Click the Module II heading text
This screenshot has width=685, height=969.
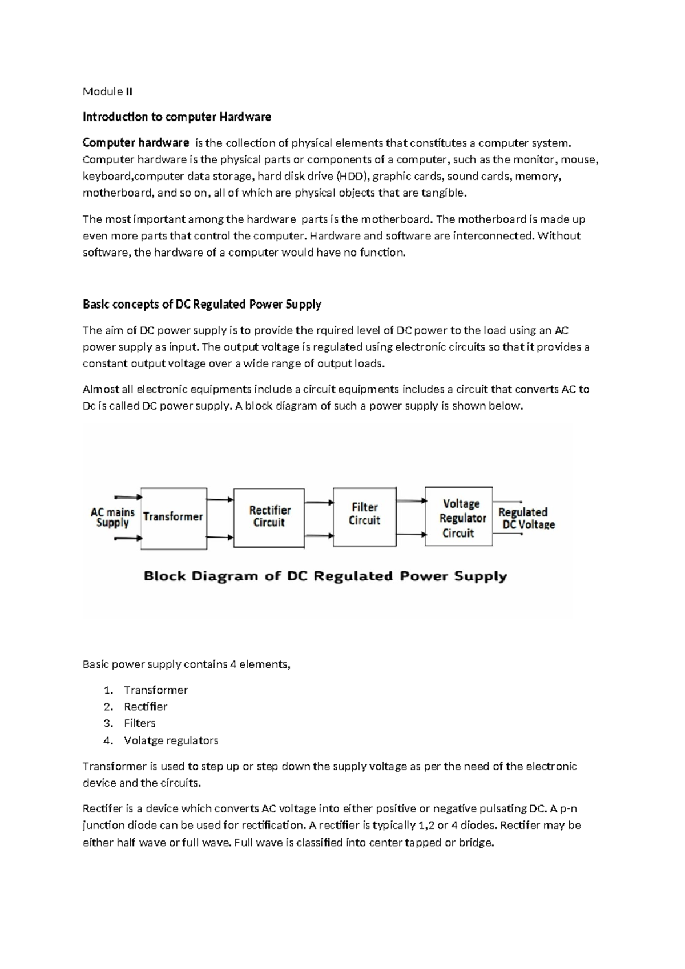pyautogui.click(x=107, y=91)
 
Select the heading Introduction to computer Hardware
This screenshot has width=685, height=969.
pyautogui.click(x=176, y=117)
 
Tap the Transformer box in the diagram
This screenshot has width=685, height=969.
pyautogui.click(x=173, y=518)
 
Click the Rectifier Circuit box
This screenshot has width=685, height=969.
pyautogui.click(x=269, y=517)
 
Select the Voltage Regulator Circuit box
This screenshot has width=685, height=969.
pyautogui.click(x=458, y=518)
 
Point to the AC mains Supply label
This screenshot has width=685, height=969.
pyautogui.click(x=112, y=518)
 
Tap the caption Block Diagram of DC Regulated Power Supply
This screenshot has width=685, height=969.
pyautogui.click(x=325, y=576)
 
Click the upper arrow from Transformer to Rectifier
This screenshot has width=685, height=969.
pyautogui.click(x=220, y=500)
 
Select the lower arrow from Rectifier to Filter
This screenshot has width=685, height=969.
pyautogui.click(x=319, y=535)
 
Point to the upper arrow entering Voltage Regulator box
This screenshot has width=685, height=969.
pyautogui.click(x=411, y=501)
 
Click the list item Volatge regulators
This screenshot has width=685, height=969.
pyautogui.click(x=171, y=740)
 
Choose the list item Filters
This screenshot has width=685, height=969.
pyautogui.click(x=139, y=723)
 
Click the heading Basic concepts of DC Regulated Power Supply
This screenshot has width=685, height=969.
pyautogui.click(x=202, y=304)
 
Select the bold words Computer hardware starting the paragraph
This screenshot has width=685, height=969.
pyautogui.click(x=135, y=142)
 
